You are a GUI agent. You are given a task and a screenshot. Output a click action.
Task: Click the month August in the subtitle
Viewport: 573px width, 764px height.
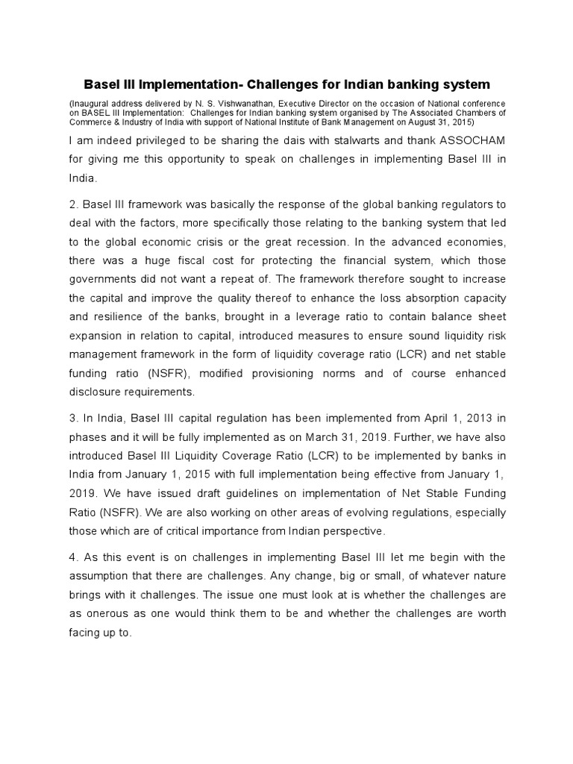(x=427, y=121)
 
